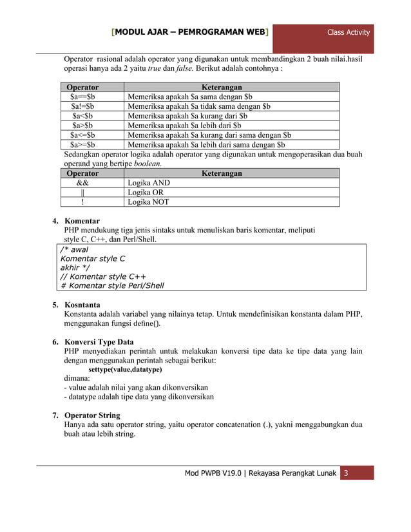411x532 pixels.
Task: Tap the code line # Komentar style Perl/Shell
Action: [x=112, y=286]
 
